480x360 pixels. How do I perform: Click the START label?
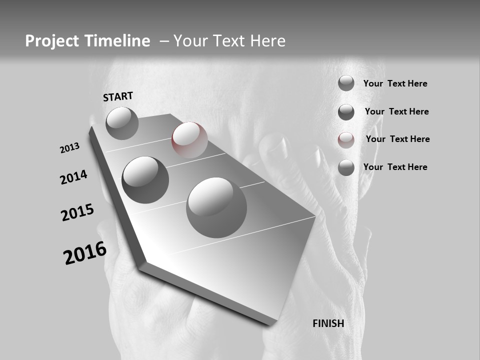(118, 96)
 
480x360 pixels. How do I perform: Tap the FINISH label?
(328, 323)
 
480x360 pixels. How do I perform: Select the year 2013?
(69, 148)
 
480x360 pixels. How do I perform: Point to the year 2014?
(73, 177)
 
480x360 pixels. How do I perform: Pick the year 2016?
(85, 253)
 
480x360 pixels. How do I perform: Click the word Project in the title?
(51, 41)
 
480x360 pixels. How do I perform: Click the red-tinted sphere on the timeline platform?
(189, 140)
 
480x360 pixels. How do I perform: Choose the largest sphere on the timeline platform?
(216, 207)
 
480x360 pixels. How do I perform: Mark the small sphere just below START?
(122, 123)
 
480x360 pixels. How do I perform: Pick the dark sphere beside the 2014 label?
(145, 179)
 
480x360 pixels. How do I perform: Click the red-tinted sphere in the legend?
(346, 140)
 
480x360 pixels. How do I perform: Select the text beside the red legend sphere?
(397, 139)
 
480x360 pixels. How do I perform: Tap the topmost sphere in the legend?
(346, 83)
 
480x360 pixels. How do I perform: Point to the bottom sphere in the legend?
(346, 167)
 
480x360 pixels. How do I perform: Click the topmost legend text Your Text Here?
(395, 83)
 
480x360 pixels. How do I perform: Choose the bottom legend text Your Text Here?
(395, 167)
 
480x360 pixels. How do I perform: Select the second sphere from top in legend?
(346, 112)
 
